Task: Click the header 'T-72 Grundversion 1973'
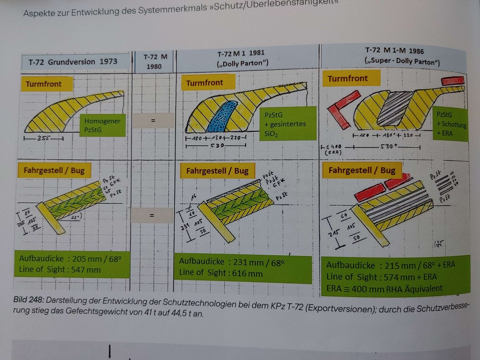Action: [73, 62]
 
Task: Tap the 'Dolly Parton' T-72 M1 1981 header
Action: [241, 59]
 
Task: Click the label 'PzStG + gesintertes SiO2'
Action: [282, 124]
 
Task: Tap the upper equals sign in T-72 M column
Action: [153, 120]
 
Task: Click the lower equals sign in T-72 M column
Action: [152, 216]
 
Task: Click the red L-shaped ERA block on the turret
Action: [342, 108]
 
